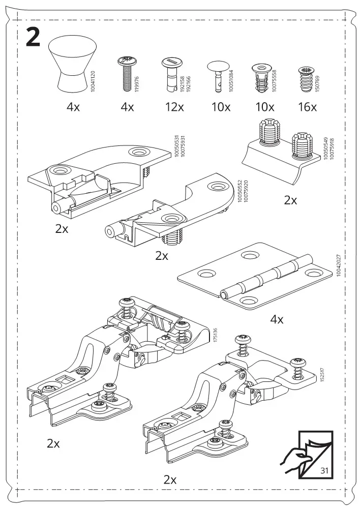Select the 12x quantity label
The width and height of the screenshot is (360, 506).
tap(174, 107)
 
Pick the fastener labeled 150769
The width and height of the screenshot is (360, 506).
tap(306, 79)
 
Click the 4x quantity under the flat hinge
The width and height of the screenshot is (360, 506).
tap(277, 319)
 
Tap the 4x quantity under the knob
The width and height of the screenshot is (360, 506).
tap(73, 107)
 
